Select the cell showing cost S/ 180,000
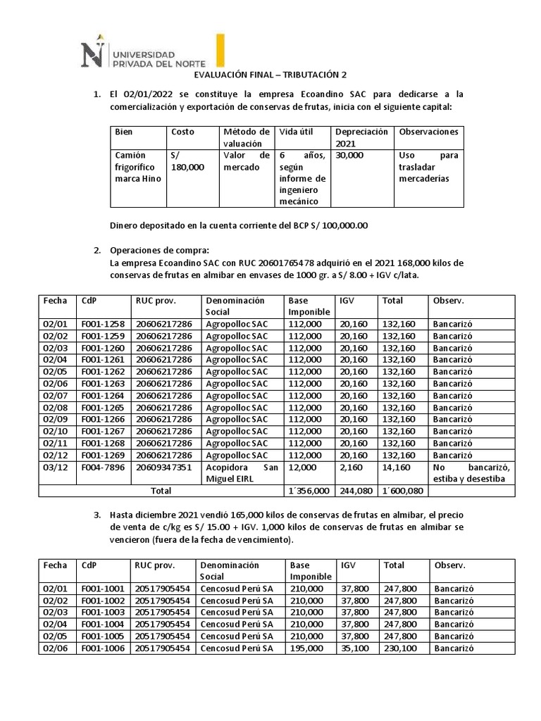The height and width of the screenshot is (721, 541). (187, 161)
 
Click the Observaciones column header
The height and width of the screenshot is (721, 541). (428, 132)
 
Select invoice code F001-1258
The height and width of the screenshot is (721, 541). (103, 325)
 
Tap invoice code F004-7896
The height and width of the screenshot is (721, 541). (103, 468)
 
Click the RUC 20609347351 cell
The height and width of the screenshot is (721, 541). (163, 468)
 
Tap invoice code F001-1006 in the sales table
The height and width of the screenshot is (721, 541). (103, 648)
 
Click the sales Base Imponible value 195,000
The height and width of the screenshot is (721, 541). (306, 648)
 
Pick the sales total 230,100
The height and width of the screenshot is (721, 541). (400, 648)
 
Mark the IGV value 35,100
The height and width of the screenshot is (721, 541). (355, 648)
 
